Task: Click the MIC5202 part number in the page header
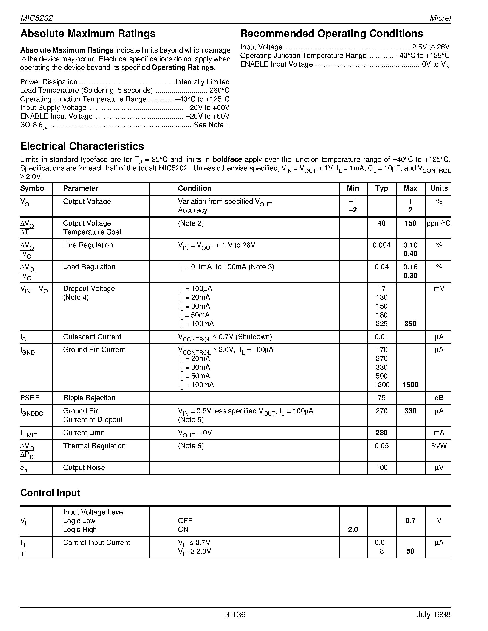point(37,18)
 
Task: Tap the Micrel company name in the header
point(440,18)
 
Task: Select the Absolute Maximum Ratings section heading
point(88,34)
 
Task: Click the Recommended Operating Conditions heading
point(332,34)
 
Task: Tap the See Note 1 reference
point(211,125)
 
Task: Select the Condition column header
point(195,188)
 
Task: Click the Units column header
point(439,188)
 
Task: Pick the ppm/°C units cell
point(438,223)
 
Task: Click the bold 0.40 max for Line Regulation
point(410,254)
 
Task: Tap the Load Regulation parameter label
point(89,267)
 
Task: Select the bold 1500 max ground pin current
point(410,385)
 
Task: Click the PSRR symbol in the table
point(30,398)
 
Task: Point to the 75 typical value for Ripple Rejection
point(382,398)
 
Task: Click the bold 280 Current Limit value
point(382,433)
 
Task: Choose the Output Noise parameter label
point(84,467)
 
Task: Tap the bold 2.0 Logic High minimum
point(353,529)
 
